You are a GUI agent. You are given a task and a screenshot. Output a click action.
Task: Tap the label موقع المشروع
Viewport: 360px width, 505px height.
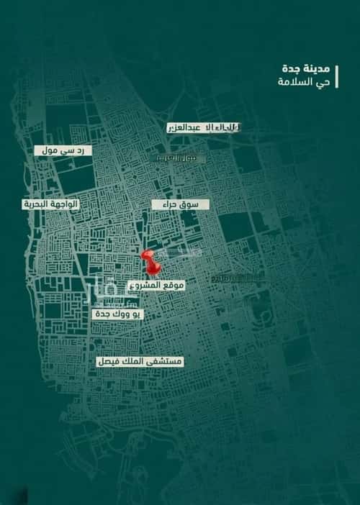coord(156,286)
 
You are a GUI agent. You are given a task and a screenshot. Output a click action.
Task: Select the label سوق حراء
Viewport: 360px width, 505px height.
coord(180,205)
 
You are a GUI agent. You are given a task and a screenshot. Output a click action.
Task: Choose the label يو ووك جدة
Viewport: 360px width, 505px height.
coord(118,314)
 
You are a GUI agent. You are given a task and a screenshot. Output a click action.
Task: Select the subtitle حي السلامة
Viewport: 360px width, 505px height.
coord(294,83)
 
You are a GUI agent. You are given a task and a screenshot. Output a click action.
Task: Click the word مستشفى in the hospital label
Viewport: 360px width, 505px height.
coord(165,363)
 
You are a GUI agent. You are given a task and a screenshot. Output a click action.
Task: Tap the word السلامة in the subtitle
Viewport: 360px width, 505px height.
coord(288,83)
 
